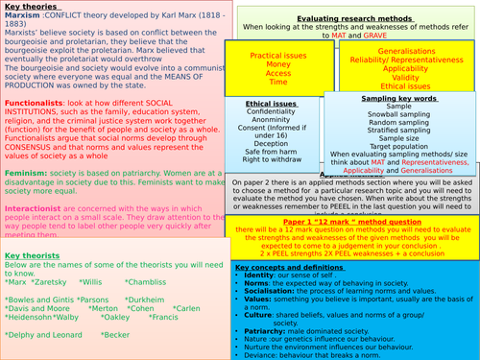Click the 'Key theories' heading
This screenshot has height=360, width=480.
pos(30,7)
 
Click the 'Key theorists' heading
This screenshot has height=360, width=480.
pos(31,257)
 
